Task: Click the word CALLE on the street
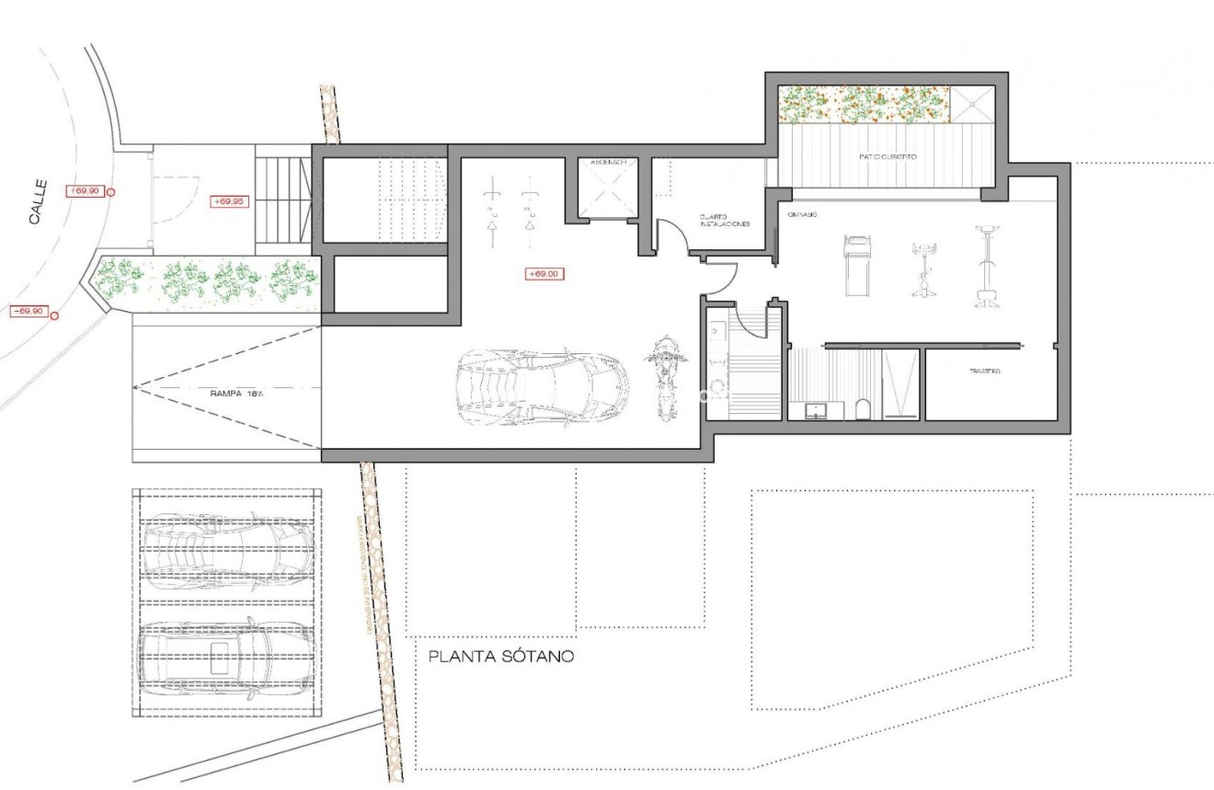coord(37,202)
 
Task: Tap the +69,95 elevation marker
coord(228,201)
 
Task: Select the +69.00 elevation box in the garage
coord(544,273)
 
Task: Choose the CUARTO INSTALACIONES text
coord(724,220)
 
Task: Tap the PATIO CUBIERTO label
coord(888,157)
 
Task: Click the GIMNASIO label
coord(803,214)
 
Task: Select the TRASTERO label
coord(984,372)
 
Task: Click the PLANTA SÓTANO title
coord(501,657)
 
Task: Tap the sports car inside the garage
coord(543,384)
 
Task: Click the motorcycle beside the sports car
coord(665,377)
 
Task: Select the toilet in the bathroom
coord(862,407)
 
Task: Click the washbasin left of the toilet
coord(817,410)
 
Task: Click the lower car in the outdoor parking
coord(228,655)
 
